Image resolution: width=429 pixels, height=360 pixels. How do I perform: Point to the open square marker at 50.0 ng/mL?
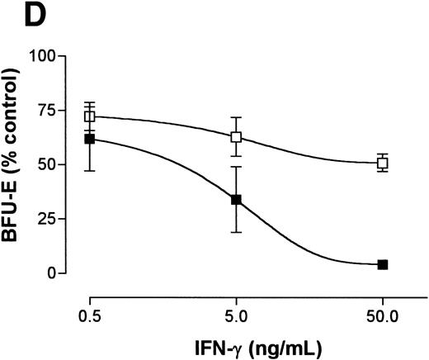382,163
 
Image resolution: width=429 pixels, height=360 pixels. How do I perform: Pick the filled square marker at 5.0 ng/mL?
236,200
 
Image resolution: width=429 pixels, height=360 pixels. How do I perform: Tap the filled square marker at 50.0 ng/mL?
382,264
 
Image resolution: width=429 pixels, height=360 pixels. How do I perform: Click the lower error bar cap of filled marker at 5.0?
236,232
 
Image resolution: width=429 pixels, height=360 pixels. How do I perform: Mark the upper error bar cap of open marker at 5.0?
236,117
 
